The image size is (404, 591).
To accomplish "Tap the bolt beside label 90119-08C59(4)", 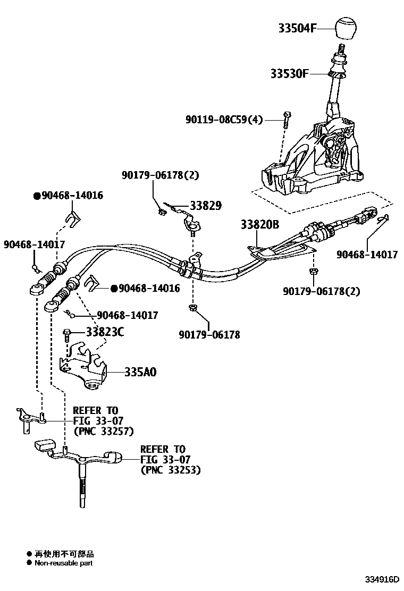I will tap(287, 120).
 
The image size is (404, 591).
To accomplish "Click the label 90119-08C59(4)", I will tap(224, 120).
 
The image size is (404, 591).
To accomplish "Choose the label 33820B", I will tap(259, 225).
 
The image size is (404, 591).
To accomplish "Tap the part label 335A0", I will tap(140, 372).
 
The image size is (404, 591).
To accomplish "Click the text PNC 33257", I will tap(104, 431).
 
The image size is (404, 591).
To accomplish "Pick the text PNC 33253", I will tap(171, 470).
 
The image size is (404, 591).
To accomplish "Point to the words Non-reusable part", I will tap(63, 563).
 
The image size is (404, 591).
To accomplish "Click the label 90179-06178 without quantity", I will tap(209, 335).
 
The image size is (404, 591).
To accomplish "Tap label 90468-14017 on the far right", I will tap(367, 255).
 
